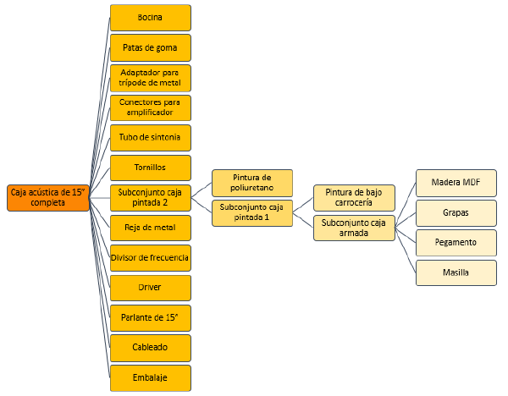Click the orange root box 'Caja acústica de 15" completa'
(x=48, y=197)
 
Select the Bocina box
(x=151, y=18)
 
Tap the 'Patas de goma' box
(x=151, y=48)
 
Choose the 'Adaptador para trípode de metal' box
(x=151, y=78)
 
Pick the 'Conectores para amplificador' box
(x=151, y=107)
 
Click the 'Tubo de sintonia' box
(x=151, y=138)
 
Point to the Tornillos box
(x=151, y=168)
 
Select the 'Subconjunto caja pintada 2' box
(x=151, y=198)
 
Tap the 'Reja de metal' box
(x=151, y=228)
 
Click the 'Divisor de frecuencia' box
(x=151, y=258)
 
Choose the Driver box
(x=151, y=288)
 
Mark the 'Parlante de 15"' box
(x=151, y=318)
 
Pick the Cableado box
(x=151, y=348)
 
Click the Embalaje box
(x=151, y=378)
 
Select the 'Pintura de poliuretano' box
(x=252, y=183)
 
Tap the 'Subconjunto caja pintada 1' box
(x=252, y=213)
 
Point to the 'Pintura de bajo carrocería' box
(x=354, y=198)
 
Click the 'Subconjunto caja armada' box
(x=354, y=228)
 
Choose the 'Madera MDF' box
(x=456, y=183)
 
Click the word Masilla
(x=456, y=272)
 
